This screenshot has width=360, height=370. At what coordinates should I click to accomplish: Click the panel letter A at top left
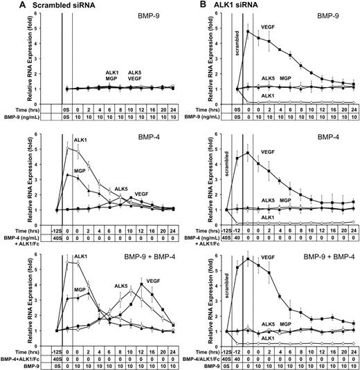coord(5,6)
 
